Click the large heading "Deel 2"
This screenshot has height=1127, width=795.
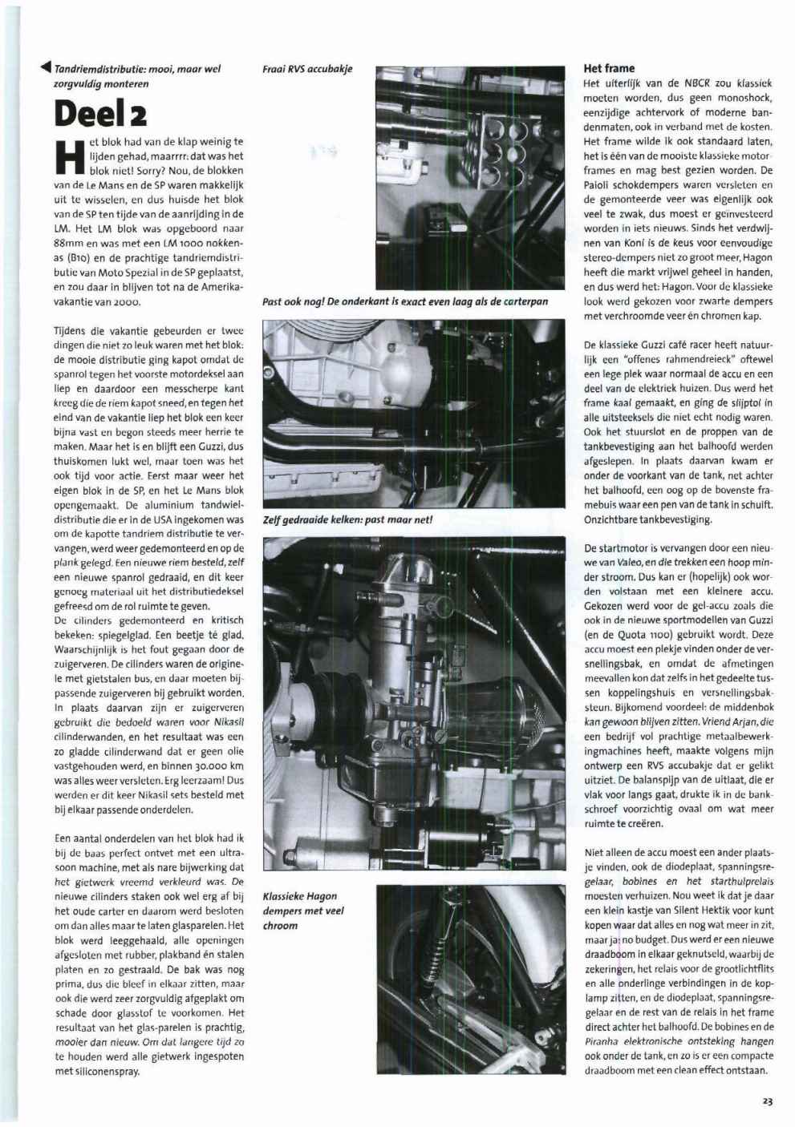coord(100,114)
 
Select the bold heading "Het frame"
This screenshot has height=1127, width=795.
coord(609,69)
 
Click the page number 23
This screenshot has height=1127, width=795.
coord(767,1101)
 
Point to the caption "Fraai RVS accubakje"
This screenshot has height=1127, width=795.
coord(307,69)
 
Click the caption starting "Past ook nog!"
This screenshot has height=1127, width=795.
coord(405,301)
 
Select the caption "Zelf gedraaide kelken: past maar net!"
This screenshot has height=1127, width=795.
coord(348,519)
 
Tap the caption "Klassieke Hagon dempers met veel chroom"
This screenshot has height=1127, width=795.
coord(300,911)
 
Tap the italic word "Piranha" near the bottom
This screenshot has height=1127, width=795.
coord(602,1041)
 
